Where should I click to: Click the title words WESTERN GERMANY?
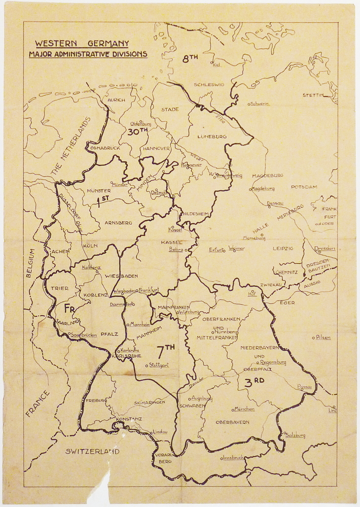[x=82, y=44]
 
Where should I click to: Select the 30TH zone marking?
[x=136, y=131]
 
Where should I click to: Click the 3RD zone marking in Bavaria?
[x=255, y=382]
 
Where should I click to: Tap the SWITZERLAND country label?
[x=92, y=451]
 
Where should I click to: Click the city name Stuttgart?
[x=159, y=365]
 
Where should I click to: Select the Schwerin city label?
[x=260, y=104]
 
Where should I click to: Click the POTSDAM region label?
[x=304, y=187]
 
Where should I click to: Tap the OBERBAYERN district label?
[x=232, y=422]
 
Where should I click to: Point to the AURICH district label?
[x=116, y=100]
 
